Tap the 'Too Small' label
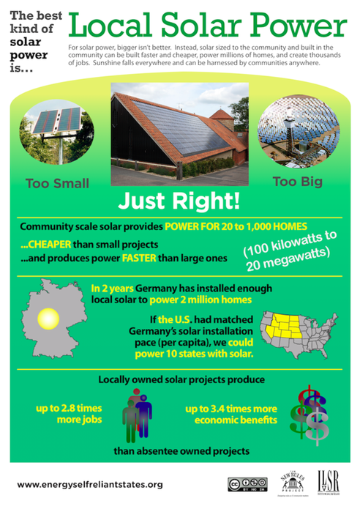[58, 183]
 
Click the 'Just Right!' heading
[180, 201]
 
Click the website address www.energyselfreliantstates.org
[90, 484]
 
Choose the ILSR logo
[329, 483]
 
